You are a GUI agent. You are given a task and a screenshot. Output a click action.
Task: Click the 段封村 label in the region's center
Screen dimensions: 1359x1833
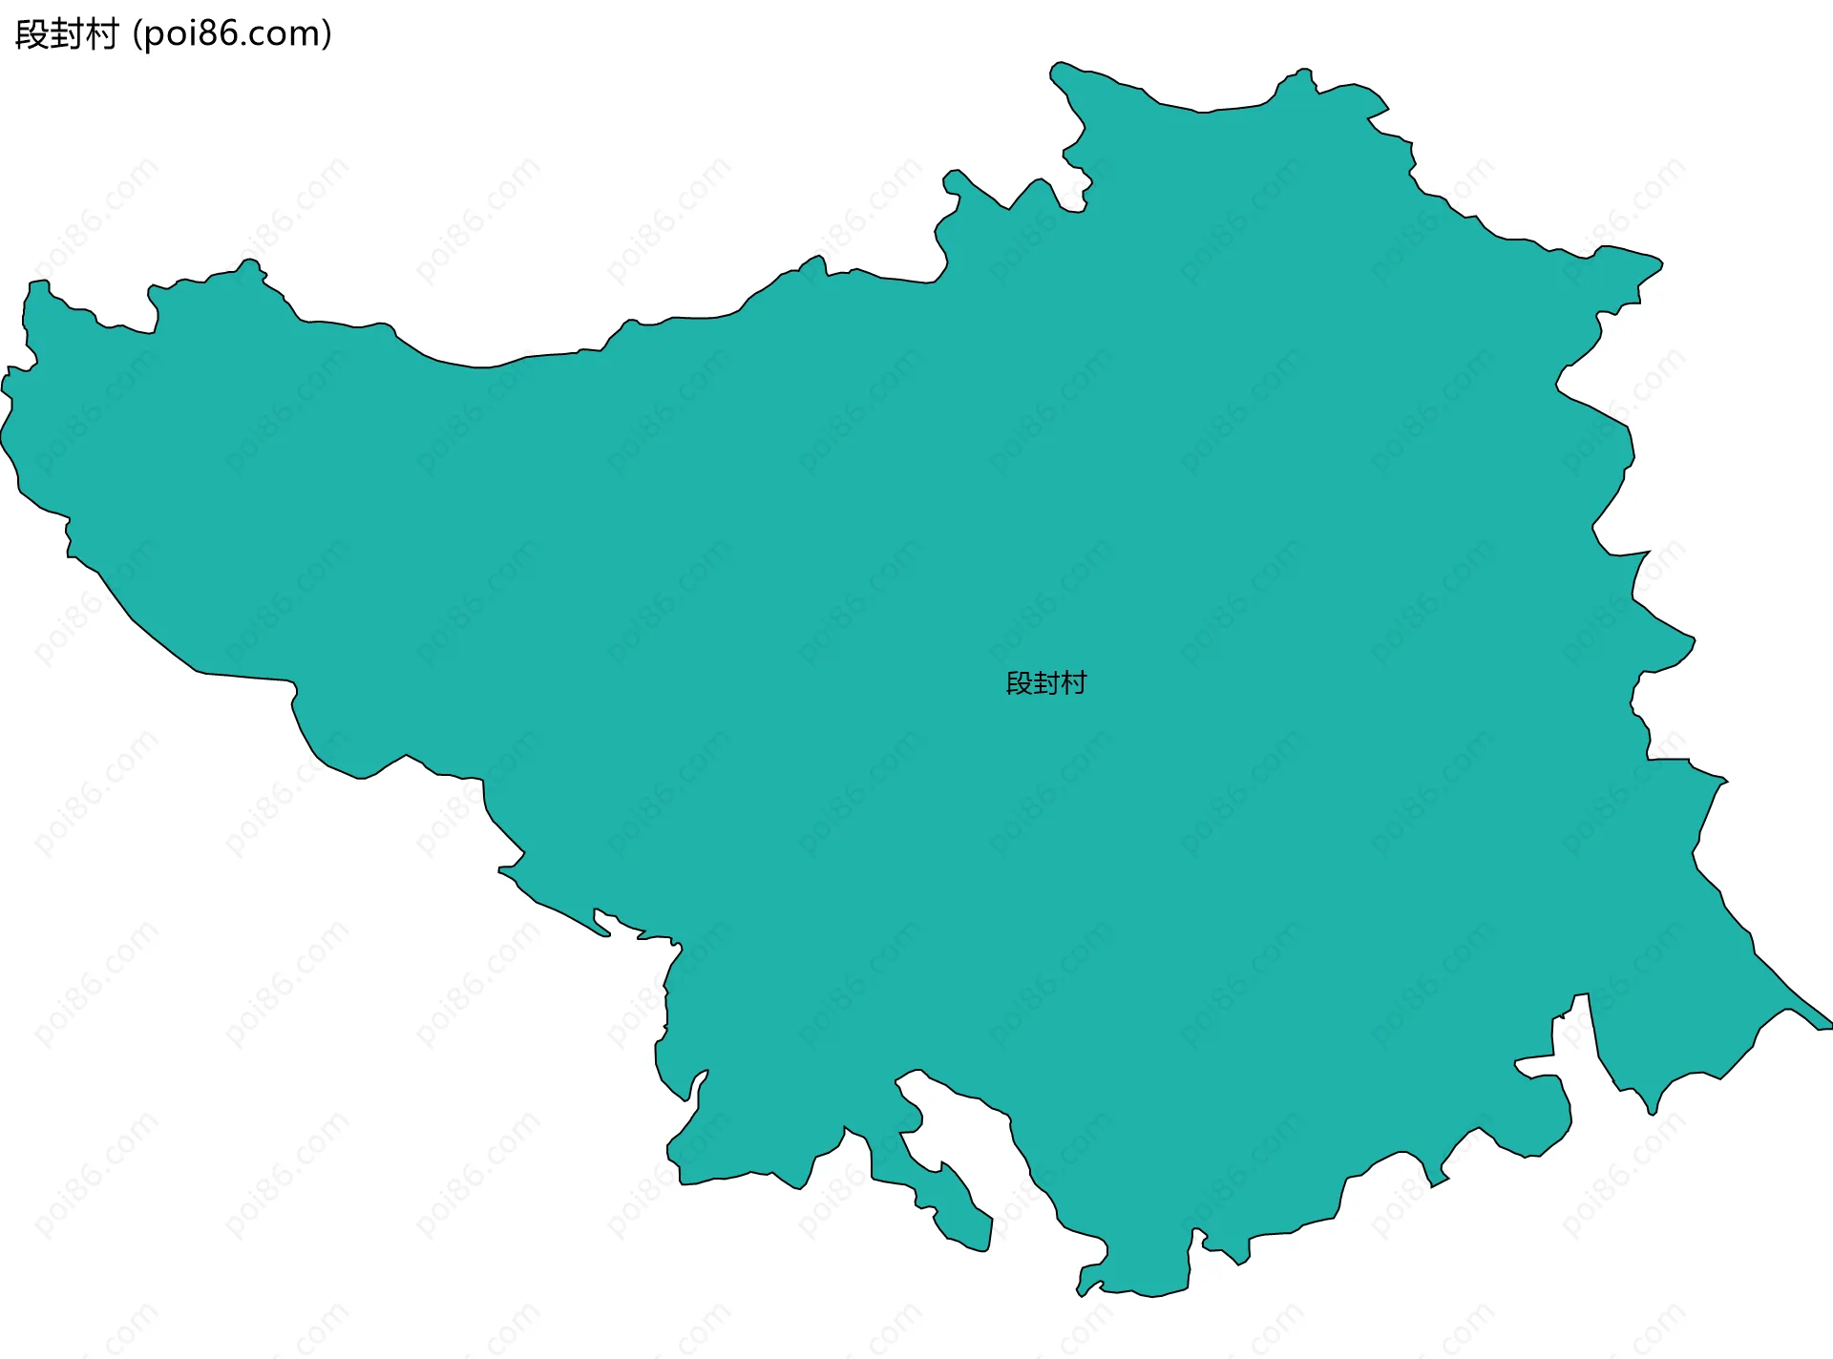click(x=1046, y=683)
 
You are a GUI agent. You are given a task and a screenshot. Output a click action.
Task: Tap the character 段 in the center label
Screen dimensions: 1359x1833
click(x=1019, y=683)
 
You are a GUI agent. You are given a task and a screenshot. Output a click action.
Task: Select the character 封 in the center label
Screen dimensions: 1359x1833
click(x=1046, y=683)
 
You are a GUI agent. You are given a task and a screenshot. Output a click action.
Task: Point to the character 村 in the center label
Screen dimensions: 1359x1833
click(x=1074, y=683)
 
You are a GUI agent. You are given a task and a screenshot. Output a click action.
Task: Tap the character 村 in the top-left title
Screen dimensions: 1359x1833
click(x=101, y=34)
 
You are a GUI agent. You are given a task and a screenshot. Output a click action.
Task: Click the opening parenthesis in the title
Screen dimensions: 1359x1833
click(x=137, y=34)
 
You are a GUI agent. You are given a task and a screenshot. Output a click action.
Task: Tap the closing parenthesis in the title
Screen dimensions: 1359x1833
click(x=327, y=34)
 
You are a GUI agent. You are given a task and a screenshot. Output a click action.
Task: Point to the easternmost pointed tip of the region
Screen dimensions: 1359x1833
click(x=1828, y=1025)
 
